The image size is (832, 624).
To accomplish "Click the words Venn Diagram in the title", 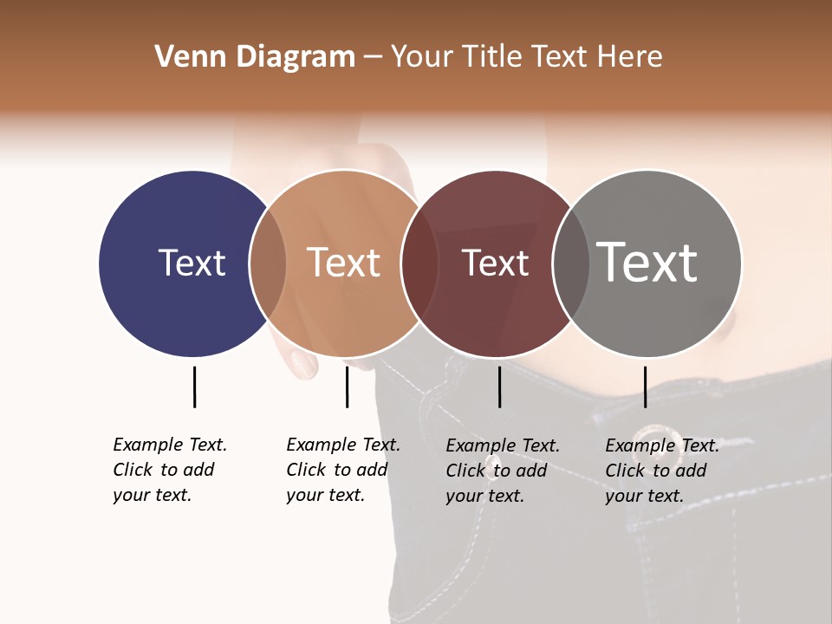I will tap(255, 57).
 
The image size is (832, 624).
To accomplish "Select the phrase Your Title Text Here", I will tap(526, 57).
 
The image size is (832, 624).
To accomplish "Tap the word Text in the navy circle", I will tap(192, 263).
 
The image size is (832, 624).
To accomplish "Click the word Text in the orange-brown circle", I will tap(344, 263).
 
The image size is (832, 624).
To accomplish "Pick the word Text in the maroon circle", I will tap(495, 263).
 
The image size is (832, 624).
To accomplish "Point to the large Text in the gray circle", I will tap(647, 262).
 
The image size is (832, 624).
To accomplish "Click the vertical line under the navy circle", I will tap(194, 387).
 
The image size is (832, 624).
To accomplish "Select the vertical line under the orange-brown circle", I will tap(347, 387).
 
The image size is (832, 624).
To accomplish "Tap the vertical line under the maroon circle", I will tap(499, 387).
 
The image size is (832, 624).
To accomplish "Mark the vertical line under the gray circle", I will tap(645, 387).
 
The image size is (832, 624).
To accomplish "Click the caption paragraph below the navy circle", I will tap(170, 470).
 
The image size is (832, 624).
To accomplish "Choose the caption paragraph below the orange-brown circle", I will tap(343, 470).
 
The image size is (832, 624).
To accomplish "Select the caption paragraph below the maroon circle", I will tap(503, 471).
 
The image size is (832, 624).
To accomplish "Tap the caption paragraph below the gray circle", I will tap(662, 471).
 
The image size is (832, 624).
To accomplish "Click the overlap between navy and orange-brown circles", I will tap(268, 263).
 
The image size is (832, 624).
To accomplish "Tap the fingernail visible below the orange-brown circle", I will tap(302, 364).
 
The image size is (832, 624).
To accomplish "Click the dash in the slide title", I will tap(373, 58).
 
